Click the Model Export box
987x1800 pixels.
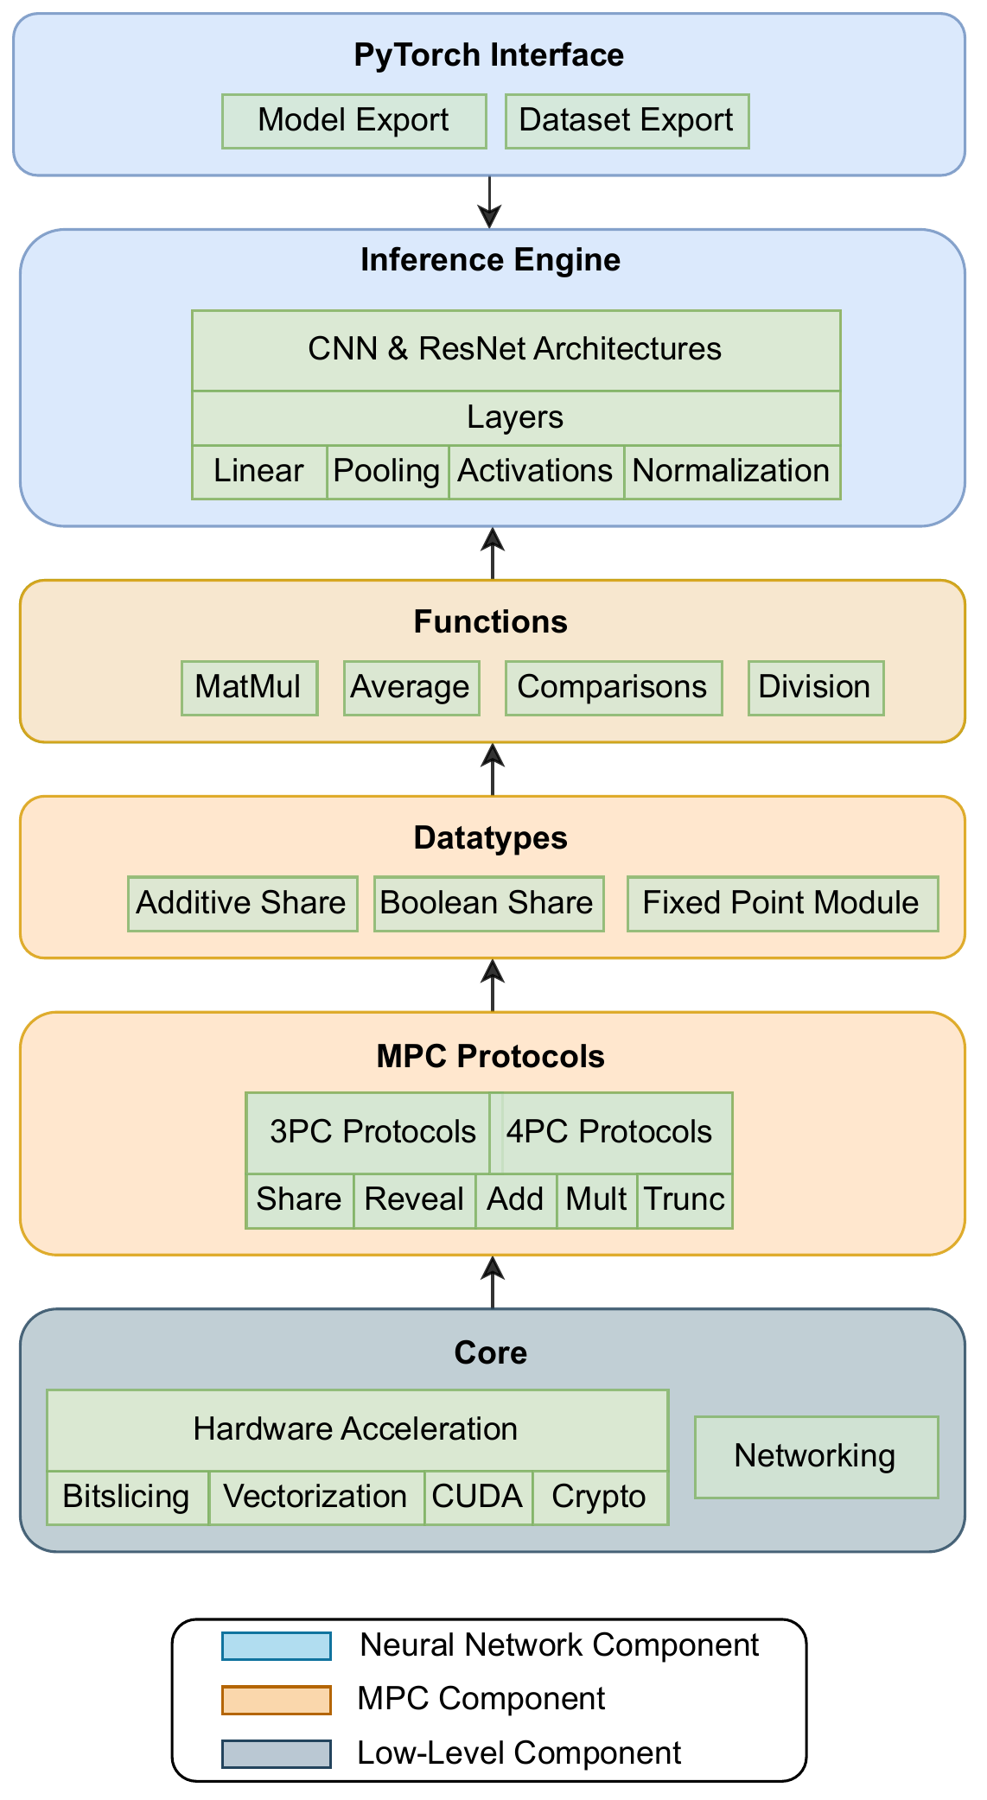pyautogui.click(x=354, y=121)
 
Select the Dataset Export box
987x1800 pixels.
pyautogui.click(x=627, y=121)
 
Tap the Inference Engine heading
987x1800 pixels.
pyautogui.click(x=490, y=259)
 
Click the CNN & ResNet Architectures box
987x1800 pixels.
pyautogui.click(x=516, y=350)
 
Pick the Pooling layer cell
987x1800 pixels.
pyautogui.click(x=388, y=472)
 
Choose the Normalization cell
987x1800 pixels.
pyautogui.click(x=732, y=472)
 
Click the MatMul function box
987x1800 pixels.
pyautogui.click(x=250, y=688)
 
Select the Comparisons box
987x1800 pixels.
pyautogui.click(x=614, y=688)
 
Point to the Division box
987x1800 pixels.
pyautogui.click(x=816, y=688)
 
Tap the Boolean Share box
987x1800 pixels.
pyautogui.click(x=488, y=904)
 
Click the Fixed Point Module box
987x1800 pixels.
pyautogui.click(x=782, y=904)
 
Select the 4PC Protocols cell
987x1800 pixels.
pyautogui.click(x=611, y=1133)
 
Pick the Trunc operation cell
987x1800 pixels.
pyautogui.click(x=685, y=1200)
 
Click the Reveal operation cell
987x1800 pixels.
pyautogui.click(x=415, y=1200)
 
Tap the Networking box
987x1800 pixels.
pyautogui.click(x=816, y=1457)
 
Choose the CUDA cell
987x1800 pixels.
pyautogui.click(x=478, y=1498)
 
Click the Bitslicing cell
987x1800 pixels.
pyautogui.click(x=127, y=1498)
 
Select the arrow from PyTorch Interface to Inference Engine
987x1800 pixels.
pyautogui.click(x=490, y=202)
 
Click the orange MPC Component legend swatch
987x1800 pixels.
pyautogui.click(x=277, y=1700)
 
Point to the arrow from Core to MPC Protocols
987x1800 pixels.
pyautogui.click(x=493, y=1282)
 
